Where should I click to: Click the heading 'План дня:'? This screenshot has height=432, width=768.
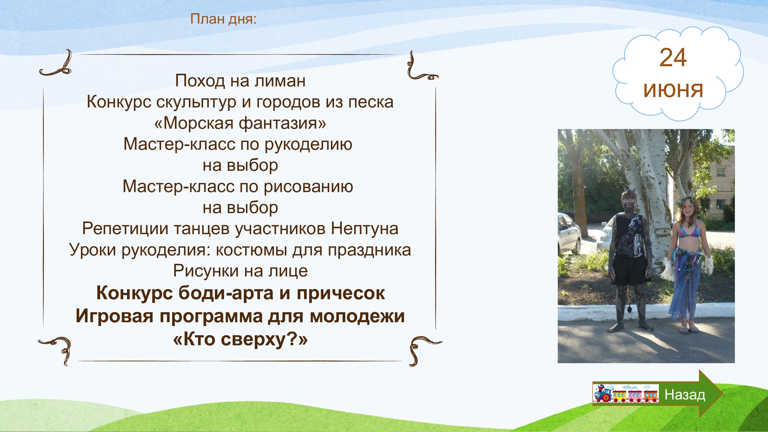223,19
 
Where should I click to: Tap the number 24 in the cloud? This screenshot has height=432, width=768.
673,58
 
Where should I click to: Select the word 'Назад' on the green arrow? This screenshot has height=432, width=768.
685,395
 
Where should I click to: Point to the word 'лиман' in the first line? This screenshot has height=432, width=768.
280,81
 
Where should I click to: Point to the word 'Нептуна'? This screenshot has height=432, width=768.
364,229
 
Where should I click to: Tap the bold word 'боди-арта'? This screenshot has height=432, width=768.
226,293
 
